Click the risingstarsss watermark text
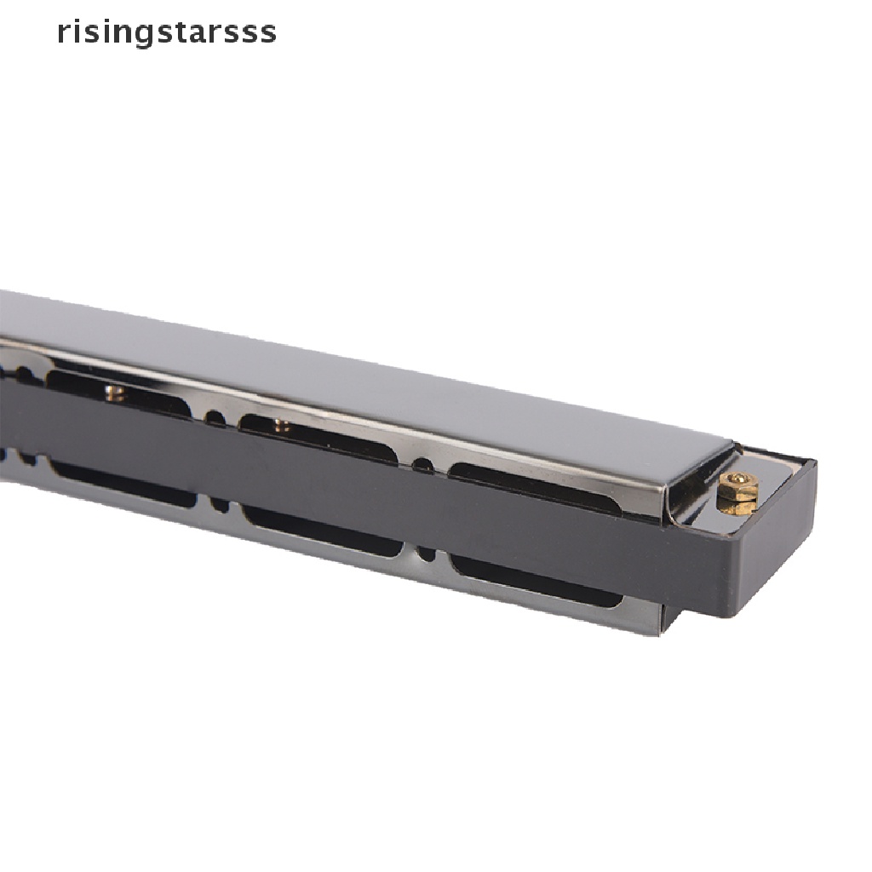pos(167,33)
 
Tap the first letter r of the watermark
pos(62,33)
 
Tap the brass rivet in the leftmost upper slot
pos(116,392)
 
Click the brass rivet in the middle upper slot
pos(282,426)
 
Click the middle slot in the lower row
pos(323,531)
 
